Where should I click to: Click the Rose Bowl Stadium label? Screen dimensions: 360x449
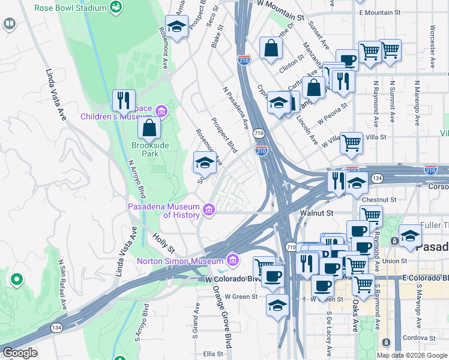pos(71,8)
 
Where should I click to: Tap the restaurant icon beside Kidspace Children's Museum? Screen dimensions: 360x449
pos(124,100)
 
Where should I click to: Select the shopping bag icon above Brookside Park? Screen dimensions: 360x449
pos(149,128)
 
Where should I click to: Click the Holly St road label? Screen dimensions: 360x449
pos(163,244)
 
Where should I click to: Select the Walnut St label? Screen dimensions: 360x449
pos(316,212)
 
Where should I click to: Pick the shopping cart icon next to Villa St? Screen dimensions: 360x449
pos(351,143)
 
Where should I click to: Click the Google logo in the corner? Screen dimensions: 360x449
pos(20,353)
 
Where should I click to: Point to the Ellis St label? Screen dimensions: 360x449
pos(212,354)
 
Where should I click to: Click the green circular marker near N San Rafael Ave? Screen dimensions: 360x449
pos(16,279)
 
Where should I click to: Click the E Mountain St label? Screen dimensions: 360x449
pos(379,13)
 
